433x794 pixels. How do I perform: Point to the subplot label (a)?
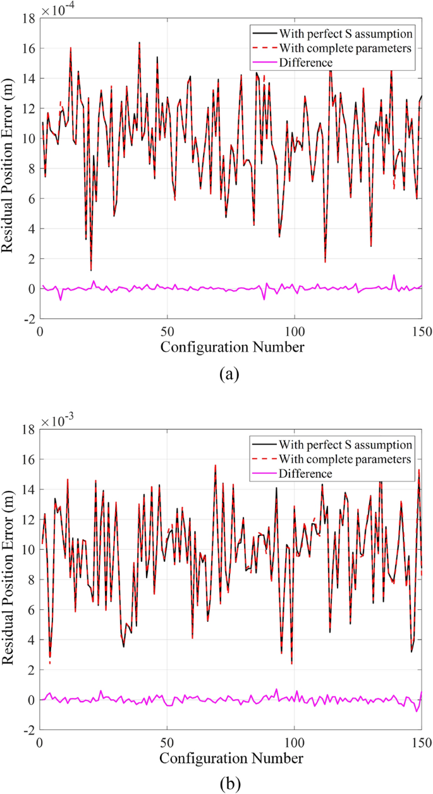229,374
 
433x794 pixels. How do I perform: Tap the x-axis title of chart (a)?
231,347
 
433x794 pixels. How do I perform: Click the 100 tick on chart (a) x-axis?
295,331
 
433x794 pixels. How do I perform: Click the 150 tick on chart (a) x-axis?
420,331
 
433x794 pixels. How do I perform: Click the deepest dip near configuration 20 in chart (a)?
91,270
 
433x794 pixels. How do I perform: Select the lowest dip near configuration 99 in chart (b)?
291,663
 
